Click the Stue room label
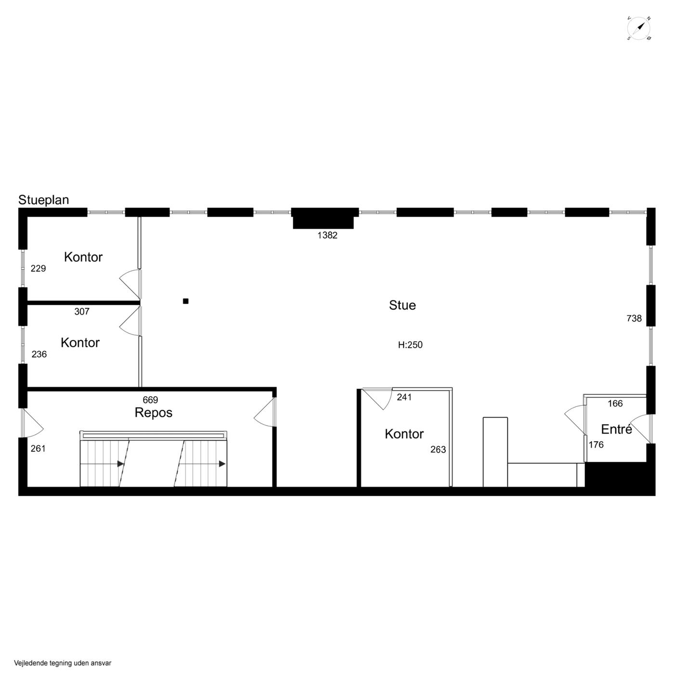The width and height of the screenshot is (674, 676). pyautogui.click(x=402, y=305)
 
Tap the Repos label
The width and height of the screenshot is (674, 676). pyautogui.click(x=153, y=413)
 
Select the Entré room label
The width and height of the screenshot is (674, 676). pyautogui.click(x=616, y=429)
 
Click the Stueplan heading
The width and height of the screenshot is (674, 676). pyautogui.click(x=43, y=200)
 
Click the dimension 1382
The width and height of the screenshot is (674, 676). pyautogui.click(x=327, y=235)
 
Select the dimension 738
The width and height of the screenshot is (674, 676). pyautogui.click(x=634, y=318)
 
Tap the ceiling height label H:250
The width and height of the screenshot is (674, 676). pyautogui.click(x=410, y=345)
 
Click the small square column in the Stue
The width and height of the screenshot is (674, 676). pyautogui.click(x=186, y=301)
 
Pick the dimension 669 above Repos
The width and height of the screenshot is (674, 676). pyautogui.click(x=150, y=400)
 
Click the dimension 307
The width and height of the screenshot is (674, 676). pyautogui.click(x=82, y=312)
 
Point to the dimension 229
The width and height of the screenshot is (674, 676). pyautogui.click(x=38, y=268)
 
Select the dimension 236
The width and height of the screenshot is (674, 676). pyautogui.click(x=39, y=354)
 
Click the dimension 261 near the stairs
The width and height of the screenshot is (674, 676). pyautogui.click(x=38, y=448)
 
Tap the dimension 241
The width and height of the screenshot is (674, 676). pyautogui.click(x=404, y=397)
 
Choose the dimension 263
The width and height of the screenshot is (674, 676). pyautogui.click(x=438, y=449)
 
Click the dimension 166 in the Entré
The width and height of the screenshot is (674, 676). pyautogui.click(x=615, y=403)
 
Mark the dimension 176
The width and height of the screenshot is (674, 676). pyautogui.click(x=596, y=445)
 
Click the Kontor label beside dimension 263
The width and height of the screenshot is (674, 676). pyautogui.click(x=404, y=434)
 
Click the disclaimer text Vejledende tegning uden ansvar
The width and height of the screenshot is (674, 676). pyautogui.click(x=63, y=663)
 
